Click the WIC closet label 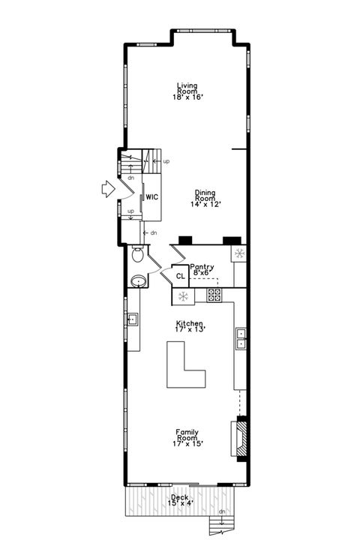151,197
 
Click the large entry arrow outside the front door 108,190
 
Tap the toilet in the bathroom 137,255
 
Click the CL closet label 180,276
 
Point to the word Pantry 202,266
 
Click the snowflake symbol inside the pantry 240,253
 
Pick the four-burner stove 214,295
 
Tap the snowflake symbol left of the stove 182,296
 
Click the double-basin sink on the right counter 241,338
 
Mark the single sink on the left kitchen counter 132,319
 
